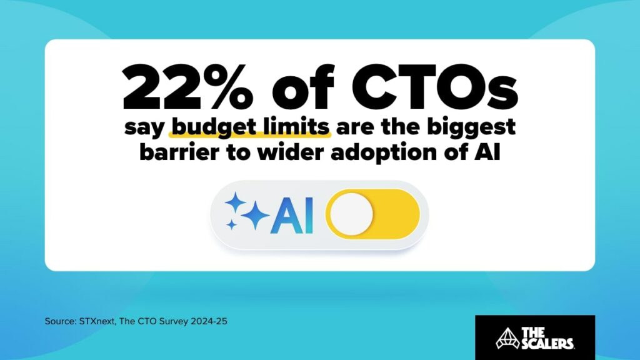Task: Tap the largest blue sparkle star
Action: [254, 216]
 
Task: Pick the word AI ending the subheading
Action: [488, 152]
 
